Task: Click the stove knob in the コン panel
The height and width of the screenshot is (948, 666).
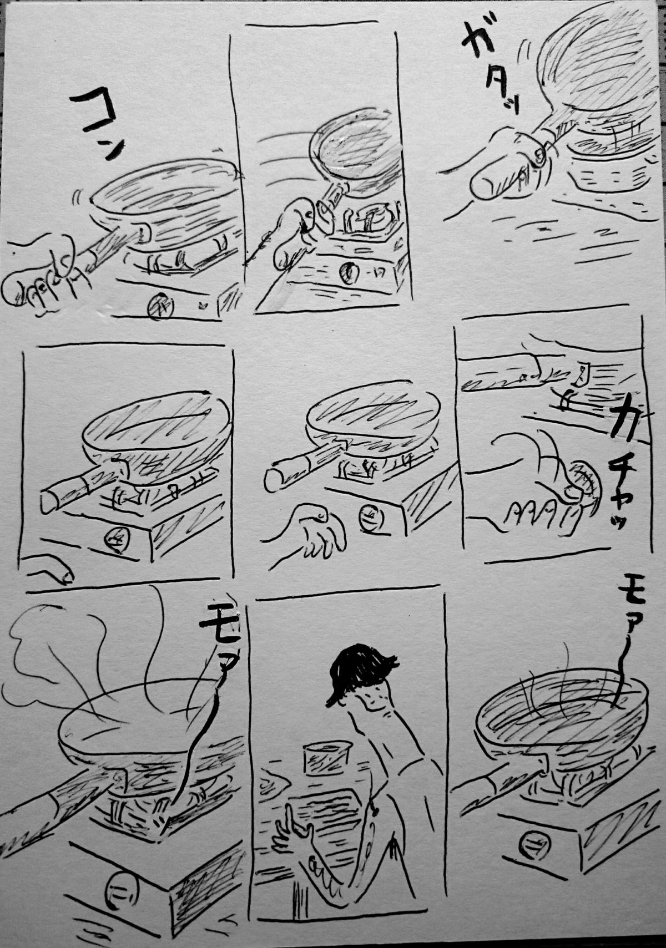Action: (160, 306)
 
